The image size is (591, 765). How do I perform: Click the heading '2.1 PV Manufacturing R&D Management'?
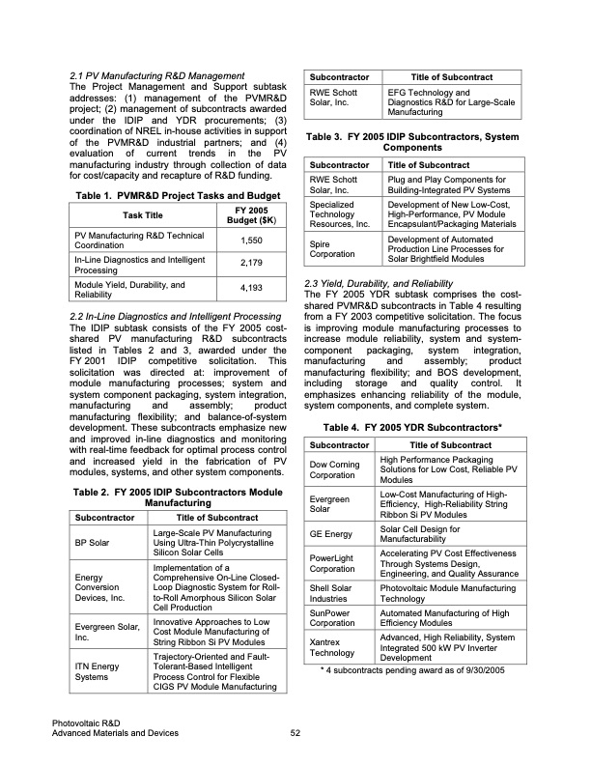click(157, 75)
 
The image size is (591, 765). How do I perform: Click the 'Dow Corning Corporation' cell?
click(334, 469)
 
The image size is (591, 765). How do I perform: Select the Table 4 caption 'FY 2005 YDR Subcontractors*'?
click(413, 426)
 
